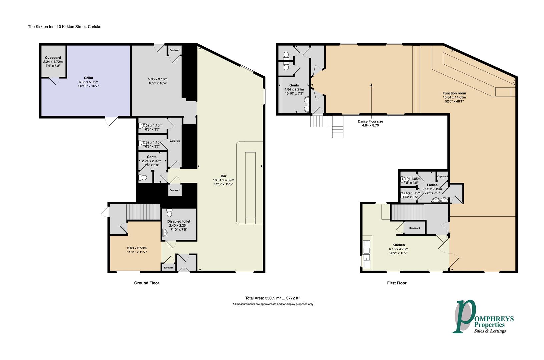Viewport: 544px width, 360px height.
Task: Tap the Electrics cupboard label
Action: pyautogui.click(x=169, y=268)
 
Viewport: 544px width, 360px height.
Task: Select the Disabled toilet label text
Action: pyautogui.click(x=179, y=221)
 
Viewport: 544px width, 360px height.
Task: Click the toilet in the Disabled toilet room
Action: pyautogui.click(x=169, y=212)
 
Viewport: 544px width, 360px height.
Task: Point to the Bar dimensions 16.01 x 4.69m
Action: pyautogui.click(x=223, y=180)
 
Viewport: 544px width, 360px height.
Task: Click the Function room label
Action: pyautogui.click(x=454, y=93)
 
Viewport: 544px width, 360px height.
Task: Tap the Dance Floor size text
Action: pyautogui.click(x=370, y=122)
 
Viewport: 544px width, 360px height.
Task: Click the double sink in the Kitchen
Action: pyautogui.click(x=367, y=253)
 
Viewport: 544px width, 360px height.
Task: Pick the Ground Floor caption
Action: pyautogui.click(x=147, y=283)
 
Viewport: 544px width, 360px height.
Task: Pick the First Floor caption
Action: pyautogui.click(x=397, y=283)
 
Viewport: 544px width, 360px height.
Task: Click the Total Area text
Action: pyautogui.click(x=275, y=298)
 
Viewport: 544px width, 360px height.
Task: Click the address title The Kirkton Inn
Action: pyautogui.click(x=64, y=27)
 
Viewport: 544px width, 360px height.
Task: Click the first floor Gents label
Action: pyautogui.click(x=294, y=85)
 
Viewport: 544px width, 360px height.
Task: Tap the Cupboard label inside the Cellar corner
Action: pyautogui.click(x=53, y=58)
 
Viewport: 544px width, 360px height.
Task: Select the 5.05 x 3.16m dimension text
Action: pyautogui.click(x=157, y=79)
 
